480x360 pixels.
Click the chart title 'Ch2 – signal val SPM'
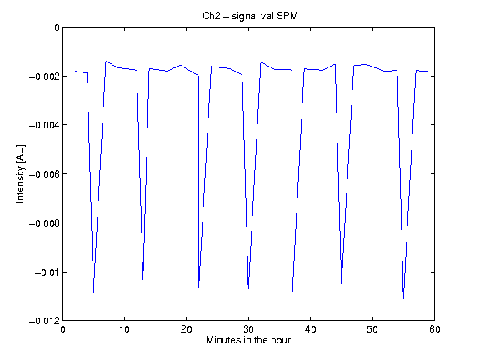click(250, 16)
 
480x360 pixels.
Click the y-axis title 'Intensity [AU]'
click(20, 173)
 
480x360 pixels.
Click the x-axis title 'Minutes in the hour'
click(248, 340)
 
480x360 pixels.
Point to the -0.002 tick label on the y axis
click(44, 76)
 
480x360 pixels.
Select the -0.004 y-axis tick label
click(44, 125)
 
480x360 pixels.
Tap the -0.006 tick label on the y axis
click(44, 174)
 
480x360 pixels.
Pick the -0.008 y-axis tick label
click(44, 223)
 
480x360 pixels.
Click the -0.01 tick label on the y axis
click(47, 272)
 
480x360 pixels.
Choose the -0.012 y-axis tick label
click(44, 321)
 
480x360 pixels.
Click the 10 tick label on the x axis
click(125, 329)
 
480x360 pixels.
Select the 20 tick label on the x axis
click(187, 329)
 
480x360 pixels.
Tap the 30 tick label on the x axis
click(248, 329)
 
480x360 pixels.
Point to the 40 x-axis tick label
click(310, 329)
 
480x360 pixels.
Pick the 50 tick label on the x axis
click(372, 329)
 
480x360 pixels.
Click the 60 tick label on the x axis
click(435, 329)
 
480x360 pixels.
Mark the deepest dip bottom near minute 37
click(292, 303)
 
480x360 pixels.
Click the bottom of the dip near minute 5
click(93, 292)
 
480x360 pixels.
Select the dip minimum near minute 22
click(198, 287)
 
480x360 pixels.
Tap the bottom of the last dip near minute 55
click(404, 299)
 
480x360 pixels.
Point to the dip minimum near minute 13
click(143, 279)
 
